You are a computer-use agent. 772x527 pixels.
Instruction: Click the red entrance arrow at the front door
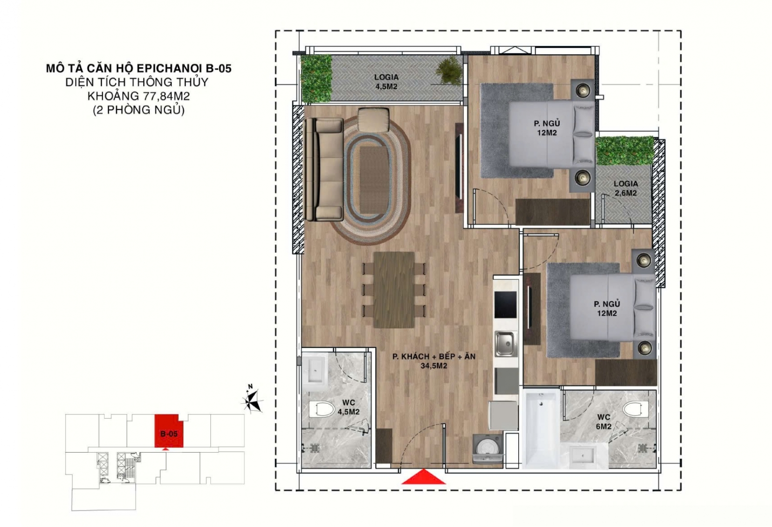pyautogui.click(x=424, y=477)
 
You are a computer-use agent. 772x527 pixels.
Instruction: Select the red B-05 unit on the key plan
pyautogui.click(x=168, y=431)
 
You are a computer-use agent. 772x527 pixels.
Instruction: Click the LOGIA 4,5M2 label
pyautogui.click(x=386, y=82)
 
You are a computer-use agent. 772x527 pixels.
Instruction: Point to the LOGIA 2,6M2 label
pyautogui.click(x=625, y=188)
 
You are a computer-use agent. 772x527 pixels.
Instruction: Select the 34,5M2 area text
pyautogui.click(x=434, y=366)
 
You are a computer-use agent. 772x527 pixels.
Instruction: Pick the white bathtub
pyautogui.click(x=541, y=428)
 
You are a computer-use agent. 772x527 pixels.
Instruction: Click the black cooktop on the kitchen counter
pyautogui.click(x=506, y=305)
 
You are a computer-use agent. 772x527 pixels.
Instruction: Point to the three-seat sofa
pyautogui.click(x=324, y=169)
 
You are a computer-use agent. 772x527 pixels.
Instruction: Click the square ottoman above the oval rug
pyautogui.click(x=373, y=120)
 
